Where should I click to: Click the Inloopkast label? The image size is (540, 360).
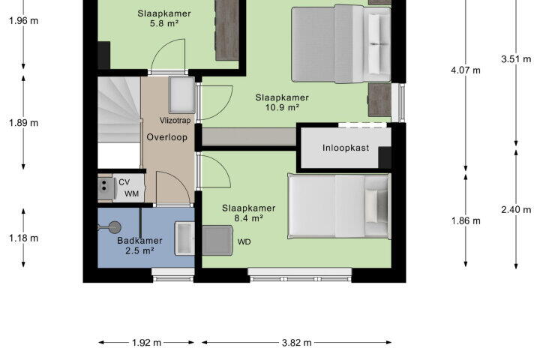tap(346, 148)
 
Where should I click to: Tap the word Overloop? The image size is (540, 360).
tap(167, 137)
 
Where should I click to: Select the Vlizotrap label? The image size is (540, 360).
tap(175, 121)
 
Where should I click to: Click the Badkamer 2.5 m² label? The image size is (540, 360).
tap(139, 246)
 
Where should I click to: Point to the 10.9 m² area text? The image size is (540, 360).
tap(282, 107)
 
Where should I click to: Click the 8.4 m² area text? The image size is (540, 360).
tap(249, 218)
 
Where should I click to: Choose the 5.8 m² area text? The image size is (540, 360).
tap(164, 23)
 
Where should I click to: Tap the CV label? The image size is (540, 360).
tap(124, 182)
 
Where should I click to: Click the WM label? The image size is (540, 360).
tap(131, 194)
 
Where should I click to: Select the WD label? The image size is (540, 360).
tap(244, 241)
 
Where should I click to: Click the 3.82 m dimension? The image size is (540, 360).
tap(296, 343)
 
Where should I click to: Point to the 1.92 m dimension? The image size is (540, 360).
tap(146, 343)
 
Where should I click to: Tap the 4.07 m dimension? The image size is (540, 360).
tap(466, 70)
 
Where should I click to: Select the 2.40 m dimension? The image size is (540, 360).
tap(516, 209)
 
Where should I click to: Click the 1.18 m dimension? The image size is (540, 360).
tap(23, 238)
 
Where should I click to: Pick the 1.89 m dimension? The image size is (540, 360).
tap(23, 123)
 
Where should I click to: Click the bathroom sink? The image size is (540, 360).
tap(184, 238)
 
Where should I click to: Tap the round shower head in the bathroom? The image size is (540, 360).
tap(114, 227)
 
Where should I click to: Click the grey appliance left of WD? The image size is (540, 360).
tap(217, 241)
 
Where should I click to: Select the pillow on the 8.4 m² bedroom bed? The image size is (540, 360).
tap(371, 205)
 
